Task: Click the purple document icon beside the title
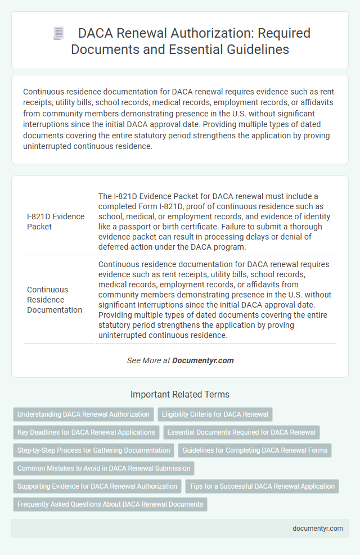(x=58, y=33)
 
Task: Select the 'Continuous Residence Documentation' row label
(x=54, y=299)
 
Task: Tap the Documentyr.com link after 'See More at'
(x=203, y=360)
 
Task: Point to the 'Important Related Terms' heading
(x=179, y=394)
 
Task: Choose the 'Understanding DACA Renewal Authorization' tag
(x=83, y=414)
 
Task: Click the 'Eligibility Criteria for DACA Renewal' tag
(x=215, y=414)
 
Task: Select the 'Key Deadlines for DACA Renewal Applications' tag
(x=86, y=432)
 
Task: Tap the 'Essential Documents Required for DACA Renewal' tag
(x=241, y=432)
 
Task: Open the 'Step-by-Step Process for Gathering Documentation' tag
(x=93, y=450)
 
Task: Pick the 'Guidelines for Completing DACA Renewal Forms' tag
(x=255, y=450)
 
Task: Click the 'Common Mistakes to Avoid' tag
(x=103, y=468)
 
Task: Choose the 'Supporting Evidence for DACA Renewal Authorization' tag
(x=97, y=486)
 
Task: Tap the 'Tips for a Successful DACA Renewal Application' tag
(x=262, y=486)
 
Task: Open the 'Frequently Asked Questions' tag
(x=110, y=504)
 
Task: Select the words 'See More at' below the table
(x=148, y=360)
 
